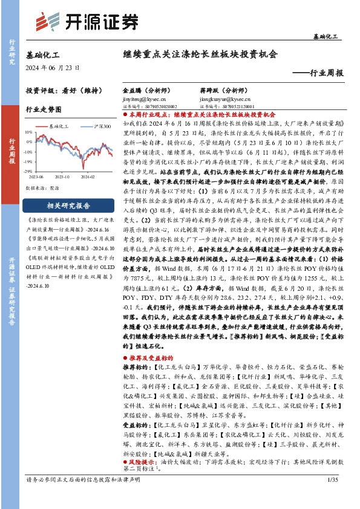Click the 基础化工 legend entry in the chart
(x=59, y=126)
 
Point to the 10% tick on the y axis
(x=28, y=131)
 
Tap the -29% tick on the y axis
(x=28, y=172)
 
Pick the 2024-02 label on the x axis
(x=88, y=177)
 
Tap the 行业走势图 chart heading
(x=44, y=109)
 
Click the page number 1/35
(x=331, y=496)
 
